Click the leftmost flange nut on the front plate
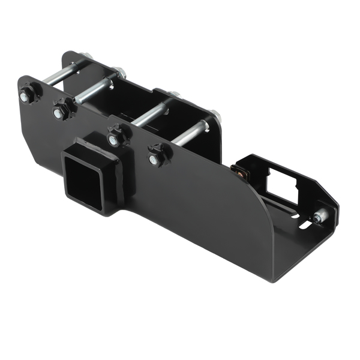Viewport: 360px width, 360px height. tap(27, 95)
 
